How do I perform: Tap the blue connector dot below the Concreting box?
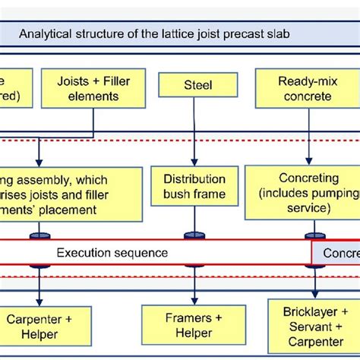311,235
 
